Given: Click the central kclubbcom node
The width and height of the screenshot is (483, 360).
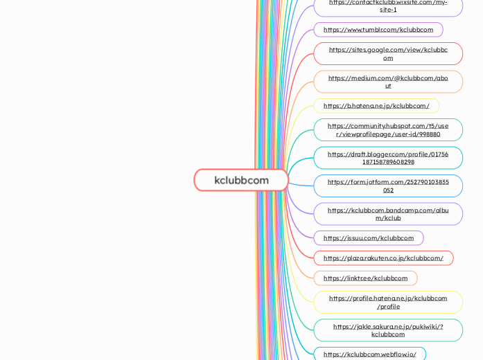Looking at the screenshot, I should tap(241, 180).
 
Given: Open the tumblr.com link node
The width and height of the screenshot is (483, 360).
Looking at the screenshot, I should tap(378, 30).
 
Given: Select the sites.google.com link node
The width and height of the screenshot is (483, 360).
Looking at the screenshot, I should tap(388, 53).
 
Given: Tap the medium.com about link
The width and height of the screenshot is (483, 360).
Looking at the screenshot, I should tap(388, 82).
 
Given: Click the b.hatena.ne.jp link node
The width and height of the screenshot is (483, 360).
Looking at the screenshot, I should tap(376, 106).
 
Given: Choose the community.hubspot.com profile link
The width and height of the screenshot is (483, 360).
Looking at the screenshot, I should tap(388, 129).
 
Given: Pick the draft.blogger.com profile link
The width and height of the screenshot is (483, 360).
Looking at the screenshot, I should tap(388, 158).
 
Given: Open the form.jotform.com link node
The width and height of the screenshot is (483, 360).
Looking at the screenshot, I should tap(388, 186).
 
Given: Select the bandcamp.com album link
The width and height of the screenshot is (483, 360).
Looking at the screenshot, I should tap(388, 214).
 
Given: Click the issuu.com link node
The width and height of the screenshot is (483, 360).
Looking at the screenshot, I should tap(369, 238).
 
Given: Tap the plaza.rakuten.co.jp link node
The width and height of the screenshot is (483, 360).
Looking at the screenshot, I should tap(383, 258).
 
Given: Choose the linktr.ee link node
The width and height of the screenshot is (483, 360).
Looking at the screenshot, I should tap(365, 278).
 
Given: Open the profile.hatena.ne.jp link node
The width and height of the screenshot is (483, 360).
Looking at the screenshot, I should tap(388, 302).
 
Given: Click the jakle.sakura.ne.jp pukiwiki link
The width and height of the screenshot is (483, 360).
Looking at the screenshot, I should tap(388, 330).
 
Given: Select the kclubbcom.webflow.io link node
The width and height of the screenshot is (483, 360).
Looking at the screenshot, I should tap(370, 354).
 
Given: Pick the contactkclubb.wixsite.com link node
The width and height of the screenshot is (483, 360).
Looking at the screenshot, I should tap(388, 6).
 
